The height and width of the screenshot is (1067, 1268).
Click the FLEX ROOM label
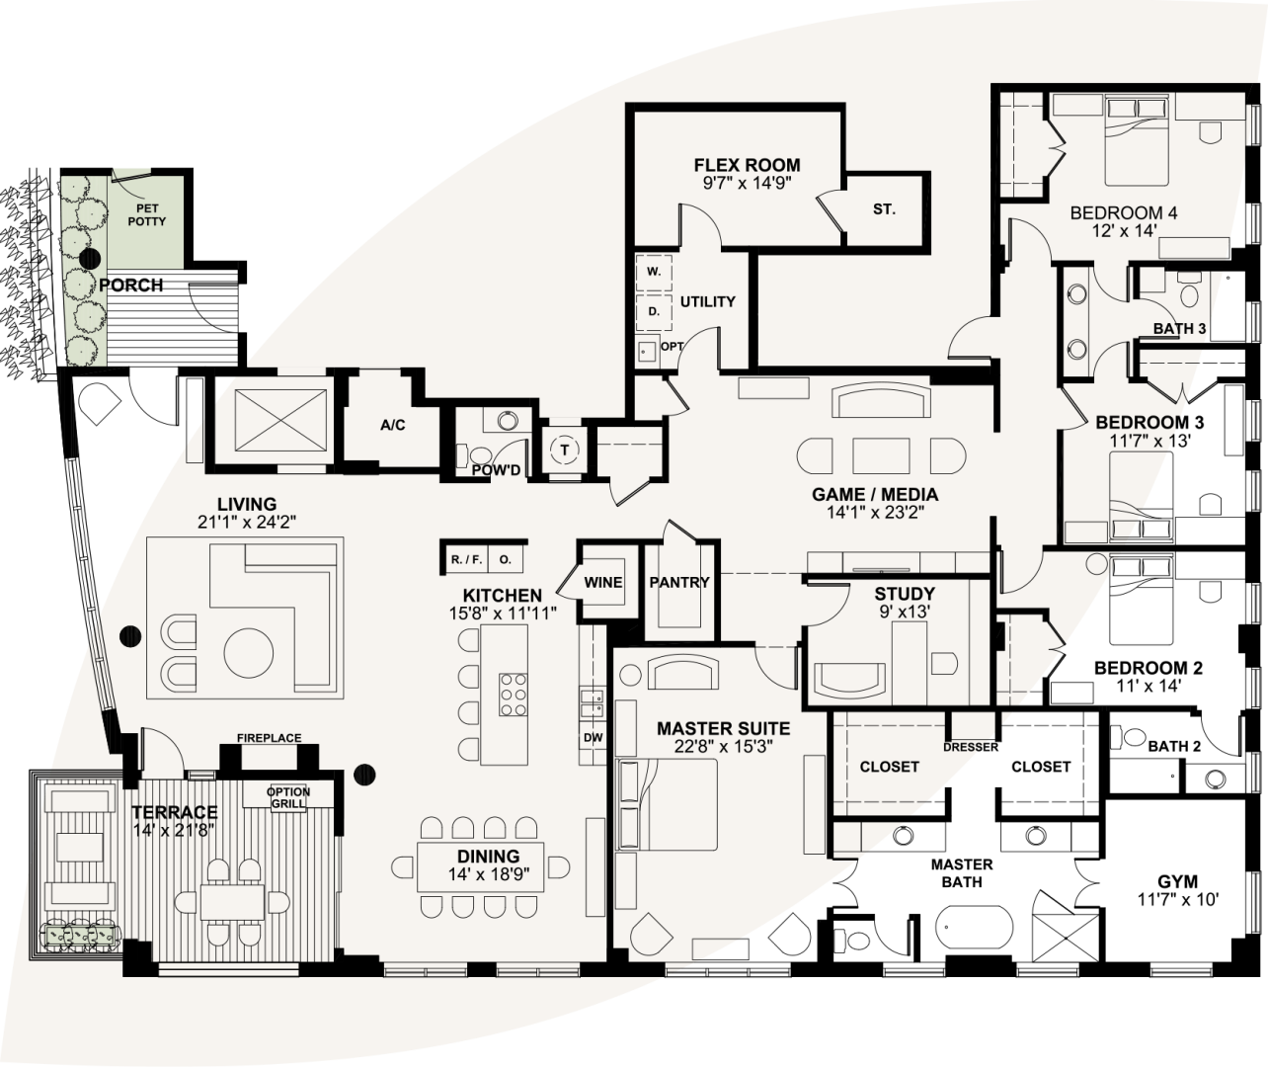[747, 165]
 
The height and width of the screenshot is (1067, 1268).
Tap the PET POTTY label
[151, 215]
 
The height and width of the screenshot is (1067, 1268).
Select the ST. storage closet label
[883, 209]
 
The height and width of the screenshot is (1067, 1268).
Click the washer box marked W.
[653, 271]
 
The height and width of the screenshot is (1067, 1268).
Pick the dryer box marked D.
[653, 311]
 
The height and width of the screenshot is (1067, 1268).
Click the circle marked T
[565, 450]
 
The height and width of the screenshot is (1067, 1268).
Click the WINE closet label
[602, 582]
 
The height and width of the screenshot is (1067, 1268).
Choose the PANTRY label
[678, 582]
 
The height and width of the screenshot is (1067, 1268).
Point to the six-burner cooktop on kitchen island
[514, 693]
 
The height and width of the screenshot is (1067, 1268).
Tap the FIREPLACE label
[269, 738]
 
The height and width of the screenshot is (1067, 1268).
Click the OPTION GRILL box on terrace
[288, 797]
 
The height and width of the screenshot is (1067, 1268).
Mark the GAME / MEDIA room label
[874, 495]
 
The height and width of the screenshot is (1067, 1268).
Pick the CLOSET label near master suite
[889, 767]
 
